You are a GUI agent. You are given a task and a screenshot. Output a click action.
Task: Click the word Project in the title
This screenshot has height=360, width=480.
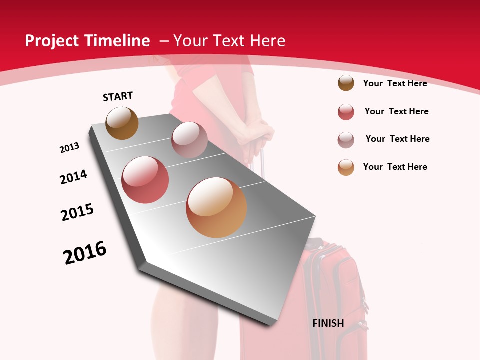51,41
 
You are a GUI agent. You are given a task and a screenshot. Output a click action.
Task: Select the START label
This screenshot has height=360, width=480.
118,96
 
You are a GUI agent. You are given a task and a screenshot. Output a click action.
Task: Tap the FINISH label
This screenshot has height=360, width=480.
328,323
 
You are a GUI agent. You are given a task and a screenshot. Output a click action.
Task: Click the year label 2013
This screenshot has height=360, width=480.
70,148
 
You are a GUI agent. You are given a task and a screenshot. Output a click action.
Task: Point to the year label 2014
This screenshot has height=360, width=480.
73,177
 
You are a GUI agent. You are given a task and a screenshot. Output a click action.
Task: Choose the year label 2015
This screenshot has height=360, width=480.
77,212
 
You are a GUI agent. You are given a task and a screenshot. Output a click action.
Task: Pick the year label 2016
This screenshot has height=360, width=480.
85,253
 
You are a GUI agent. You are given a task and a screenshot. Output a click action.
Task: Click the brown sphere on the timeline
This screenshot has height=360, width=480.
122,123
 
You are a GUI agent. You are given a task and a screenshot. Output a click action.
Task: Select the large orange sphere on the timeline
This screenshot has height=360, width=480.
216,207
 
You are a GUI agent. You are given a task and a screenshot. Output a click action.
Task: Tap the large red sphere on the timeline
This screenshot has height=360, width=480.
145,180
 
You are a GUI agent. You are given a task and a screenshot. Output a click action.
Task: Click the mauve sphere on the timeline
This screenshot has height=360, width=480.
189,140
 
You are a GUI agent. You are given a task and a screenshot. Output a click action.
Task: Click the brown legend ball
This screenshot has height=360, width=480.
346,83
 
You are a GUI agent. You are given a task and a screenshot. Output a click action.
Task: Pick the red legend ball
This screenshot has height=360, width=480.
346,112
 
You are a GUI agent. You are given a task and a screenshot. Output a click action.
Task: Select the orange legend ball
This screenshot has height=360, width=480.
346,167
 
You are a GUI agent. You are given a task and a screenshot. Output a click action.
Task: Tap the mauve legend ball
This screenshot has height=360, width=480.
346,140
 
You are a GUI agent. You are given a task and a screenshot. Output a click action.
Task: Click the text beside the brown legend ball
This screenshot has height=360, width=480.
395,83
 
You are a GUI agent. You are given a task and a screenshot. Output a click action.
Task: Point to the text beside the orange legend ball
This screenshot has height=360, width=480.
395,167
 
